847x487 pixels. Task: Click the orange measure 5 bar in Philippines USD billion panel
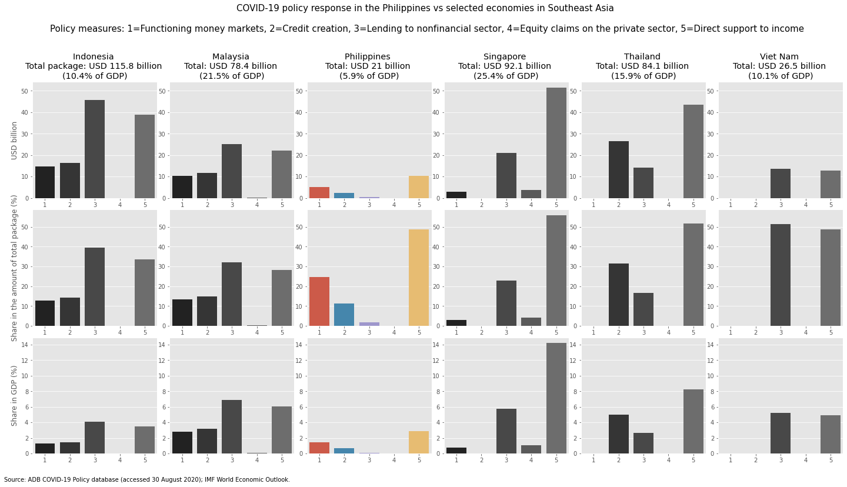[x=419, y=187]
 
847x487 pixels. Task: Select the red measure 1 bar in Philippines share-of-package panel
[x=319, y=301]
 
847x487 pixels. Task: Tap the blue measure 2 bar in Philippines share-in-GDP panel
[x=344, y=451]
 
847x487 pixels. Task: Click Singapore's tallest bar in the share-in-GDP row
[x=556, y=398]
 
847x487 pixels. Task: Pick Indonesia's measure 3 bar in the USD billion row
[x=95, y=149]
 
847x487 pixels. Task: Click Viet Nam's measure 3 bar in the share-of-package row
[x=780, y=275]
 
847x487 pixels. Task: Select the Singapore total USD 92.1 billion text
[x=505, y=66]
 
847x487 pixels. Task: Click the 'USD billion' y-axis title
[x=15, y=141]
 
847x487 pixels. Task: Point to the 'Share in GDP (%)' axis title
[x=15, y=395]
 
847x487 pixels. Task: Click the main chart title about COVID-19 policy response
[x=425, y=8]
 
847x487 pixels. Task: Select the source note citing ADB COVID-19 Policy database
[x=147, y=480]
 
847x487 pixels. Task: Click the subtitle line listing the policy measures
[x=426, y=29]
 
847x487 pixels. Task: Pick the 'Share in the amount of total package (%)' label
[x=15, y=268]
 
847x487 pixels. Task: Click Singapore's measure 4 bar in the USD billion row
[x=531, y=194]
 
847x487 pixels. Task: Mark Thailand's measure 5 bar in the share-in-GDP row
[x=693, y=421]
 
